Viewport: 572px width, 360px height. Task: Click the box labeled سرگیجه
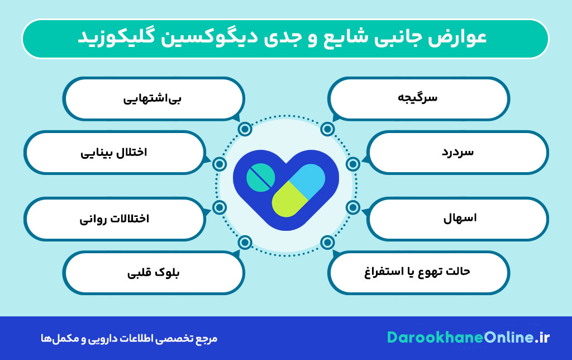click(418, 98)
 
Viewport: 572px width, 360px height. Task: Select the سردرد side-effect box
click(457, 152)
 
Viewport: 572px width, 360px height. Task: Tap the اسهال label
click(457, 217)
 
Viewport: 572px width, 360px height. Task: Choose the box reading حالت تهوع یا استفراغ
click(418, 272)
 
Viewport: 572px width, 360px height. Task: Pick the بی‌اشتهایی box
click(154, 98)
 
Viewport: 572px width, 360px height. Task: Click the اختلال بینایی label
click(115, 152)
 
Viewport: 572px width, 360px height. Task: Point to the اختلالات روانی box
click(115, 217)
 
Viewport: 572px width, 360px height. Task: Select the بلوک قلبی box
click(154, 273)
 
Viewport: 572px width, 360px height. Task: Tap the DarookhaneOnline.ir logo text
click(468, 338)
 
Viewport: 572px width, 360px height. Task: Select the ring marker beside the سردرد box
click(352, 164)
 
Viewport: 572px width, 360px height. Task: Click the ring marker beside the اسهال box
click(352, 207)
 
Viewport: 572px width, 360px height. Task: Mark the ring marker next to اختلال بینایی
click(220, 164)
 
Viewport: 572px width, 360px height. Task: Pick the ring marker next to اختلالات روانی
click(220, 207)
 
